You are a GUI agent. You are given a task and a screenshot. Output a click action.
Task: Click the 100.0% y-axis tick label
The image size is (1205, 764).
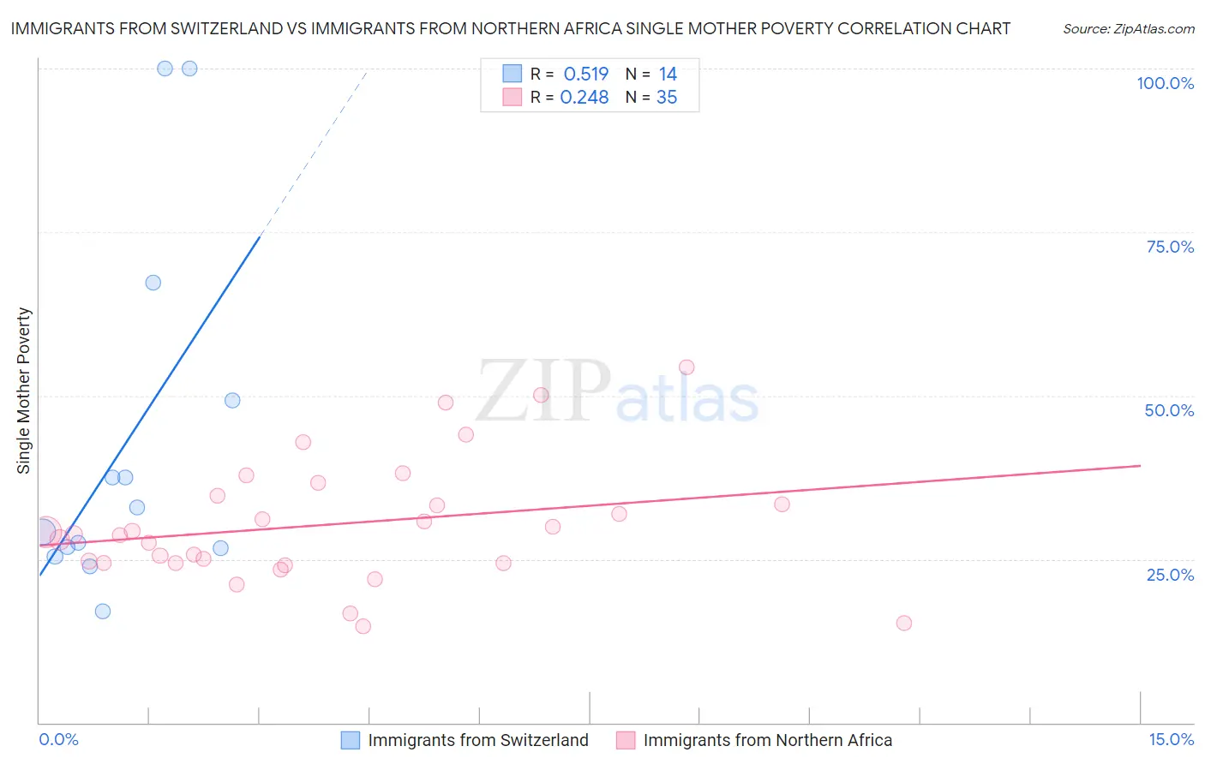(1165, 83)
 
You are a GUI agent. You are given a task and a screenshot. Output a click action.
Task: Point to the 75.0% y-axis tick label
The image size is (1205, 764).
(1170, 247)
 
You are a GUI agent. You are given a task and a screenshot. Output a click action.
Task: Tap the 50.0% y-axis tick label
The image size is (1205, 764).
(1169, 410)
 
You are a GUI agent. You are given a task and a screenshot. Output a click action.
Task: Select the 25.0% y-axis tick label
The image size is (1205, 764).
(1170, 574)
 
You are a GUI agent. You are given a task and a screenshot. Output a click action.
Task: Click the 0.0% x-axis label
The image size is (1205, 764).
(58, 739)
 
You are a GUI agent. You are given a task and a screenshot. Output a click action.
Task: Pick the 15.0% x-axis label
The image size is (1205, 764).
(1171, 739)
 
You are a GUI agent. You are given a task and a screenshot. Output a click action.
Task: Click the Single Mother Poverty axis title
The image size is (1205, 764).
(23, 391)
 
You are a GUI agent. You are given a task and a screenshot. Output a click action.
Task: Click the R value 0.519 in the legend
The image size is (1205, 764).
(585, 75)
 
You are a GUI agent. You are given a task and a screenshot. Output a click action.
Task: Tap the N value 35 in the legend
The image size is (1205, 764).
(667, 98)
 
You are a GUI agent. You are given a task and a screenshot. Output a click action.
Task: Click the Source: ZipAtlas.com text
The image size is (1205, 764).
(1128, 29)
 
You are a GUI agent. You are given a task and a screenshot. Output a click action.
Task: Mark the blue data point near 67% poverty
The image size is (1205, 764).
(153, 283)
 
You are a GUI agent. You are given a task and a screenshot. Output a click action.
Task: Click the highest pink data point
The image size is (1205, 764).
(686, 367)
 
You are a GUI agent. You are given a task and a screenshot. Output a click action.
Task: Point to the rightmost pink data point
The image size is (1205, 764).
(903, 623)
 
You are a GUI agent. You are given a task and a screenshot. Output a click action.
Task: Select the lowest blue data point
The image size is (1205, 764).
(103, 611)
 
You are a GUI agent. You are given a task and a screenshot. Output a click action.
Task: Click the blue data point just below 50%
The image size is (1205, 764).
(232, 400)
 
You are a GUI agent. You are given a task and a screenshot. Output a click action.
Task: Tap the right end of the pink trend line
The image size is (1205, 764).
(1140, 465)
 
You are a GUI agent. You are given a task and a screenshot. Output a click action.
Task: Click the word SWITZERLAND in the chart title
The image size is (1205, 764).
(230, 28)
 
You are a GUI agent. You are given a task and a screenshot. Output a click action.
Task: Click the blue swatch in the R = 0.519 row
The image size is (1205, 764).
(513, 74)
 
